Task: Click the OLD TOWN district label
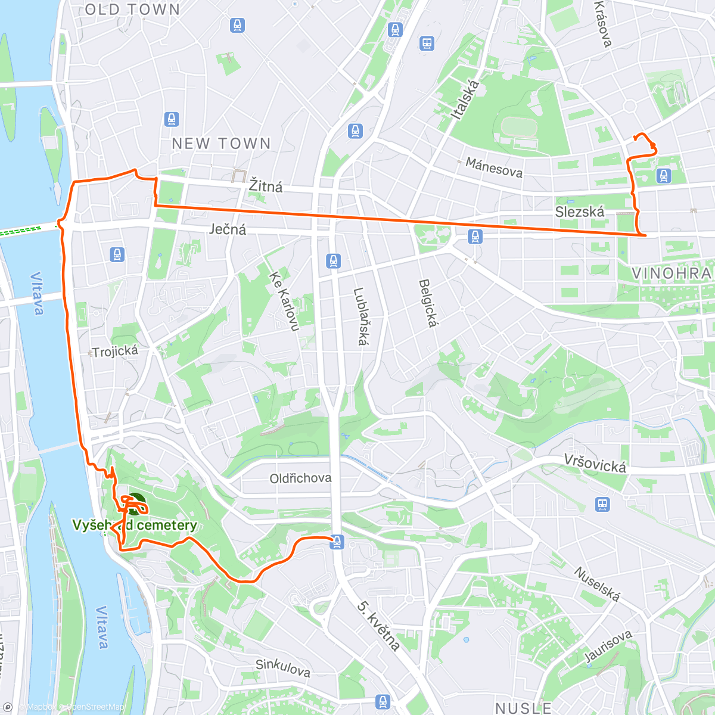tap(132, 10)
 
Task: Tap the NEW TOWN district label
tap(221, 144)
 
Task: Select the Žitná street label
tap(266, 186)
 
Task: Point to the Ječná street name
tap(228, 229)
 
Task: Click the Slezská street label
tap(579, 212)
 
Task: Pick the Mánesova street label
tap(494, 168)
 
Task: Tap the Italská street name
tap(465, 100)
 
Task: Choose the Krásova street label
tap(603, 24)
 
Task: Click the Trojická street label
tap(115, 352)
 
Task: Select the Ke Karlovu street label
tap(284, 301)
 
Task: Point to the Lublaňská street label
tap(360, 316)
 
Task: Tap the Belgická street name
tap(428, 303)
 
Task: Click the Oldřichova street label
tap(300, 478)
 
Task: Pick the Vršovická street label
tap(595, 464)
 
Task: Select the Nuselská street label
tap(597, 584)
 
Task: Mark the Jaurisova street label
tap(608, 646)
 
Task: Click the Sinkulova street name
tap(283, 668)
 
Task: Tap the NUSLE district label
tap(524, 708)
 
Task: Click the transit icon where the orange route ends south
tap(337, 542)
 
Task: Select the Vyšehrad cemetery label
tap(135, 526)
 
